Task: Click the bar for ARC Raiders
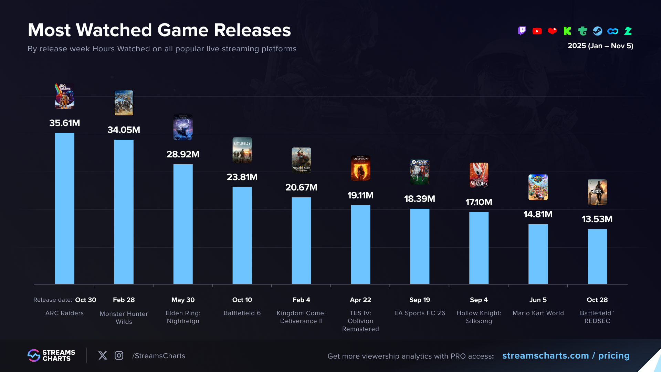pyautogui.click(x=65, y=208)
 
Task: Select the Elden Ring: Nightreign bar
pyautogui.click(x=183, y=224)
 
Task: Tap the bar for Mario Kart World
pyautogui.click(x=538, y=254)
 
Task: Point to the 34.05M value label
pyautogui.click(x=124, y=130)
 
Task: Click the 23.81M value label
pyautogui.click(x=242, y=177)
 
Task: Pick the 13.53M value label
pyautogui.click(x=597, y=219)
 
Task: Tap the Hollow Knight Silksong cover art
pyautogui.click(x=479, y=175)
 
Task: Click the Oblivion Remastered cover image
pyautogui.click(x=360, y=168)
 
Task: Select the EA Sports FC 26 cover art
pyautogui.click(x=419, y=172)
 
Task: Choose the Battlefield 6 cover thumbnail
pyautogui.click(x=242, y=150)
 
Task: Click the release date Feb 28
pyautogui.click(x=124, y=300)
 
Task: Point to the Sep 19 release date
pyautogui.click(x=419, y=300)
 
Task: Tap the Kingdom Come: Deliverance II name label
pyautogui.click(x=301, y=317)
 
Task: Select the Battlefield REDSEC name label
pyautogui.click(x=597, y=317)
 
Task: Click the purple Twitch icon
pyautogui.click(x=522, y=31)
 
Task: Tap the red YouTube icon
pyautogui.click(x=537, y=31)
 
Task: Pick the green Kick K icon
pyautogui.click(x=567, y=31)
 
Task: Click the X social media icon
pyautogui.click(x=103, y=355)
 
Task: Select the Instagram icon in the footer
pyautogui.click(x=119, y=355)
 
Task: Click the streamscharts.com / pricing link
pyautogui.click(x=566, y=355)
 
